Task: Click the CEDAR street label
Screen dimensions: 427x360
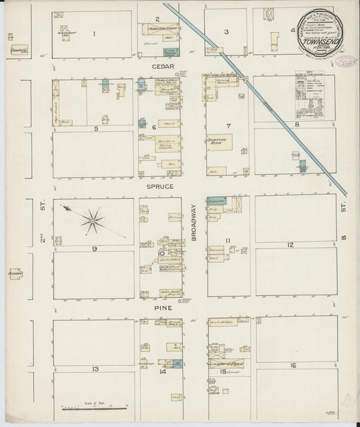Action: [x=159, y=67]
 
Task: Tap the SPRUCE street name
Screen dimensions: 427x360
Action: [x=159, y=186]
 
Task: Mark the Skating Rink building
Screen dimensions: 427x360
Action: [x=220, y=141]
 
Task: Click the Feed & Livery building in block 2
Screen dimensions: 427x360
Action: [x=159, y=30]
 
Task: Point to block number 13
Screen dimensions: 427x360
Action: [x=95, y=369]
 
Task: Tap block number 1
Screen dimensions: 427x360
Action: [x=94, y=33]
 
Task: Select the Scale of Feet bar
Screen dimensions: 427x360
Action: [x=95, y=408]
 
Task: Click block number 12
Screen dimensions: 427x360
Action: [x=290, y=245]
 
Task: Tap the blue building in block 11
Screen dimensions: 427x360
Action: [x=217, y=201]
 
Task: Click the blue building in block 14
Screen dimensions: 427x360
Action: [x=177, y=363]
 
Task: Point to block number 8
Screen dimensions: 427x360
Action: [x=296, y=124]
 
